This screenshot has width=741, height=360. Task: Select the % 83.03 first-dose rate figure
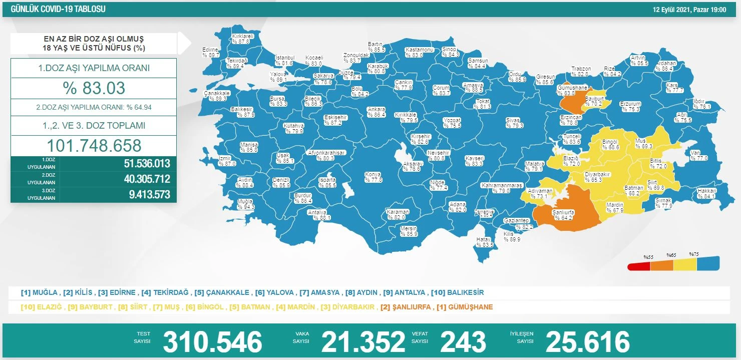[x=94, y=88]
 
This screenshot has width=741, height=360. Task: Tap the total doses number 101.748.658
[x=94, y=145]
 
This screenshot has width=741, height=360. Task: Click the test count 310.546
[x=212, y=342]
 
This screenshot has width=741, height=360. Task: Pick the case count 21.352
[x=363, y=342]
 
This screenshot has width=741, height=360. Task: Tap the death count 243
[x=463, y=342]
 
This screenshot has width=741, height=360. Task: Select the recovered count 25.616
[x=587, y=342]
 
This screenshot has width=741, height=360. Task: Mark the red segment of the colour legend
[x=639, y=266]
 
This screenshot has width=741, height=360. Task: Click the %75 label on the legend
[x=693, y=254]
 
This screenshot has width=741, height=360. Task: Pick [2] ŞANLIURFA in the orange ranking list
[x=406, y=307]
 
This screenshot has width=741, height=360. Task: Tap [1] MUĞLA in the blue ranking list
[x=39, y=292]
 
